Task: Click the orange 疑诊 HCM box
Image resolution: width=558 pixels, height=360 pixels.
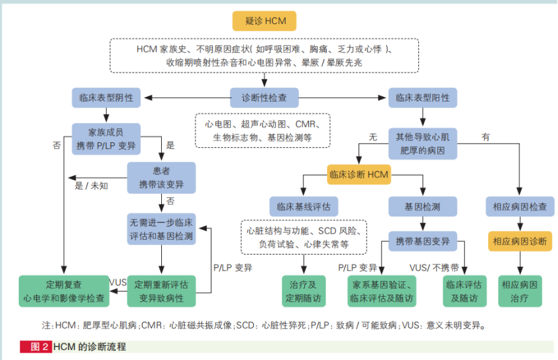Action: click(265, 21)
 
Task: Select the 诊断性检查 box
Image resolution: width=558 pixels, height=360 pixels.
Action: click(265, 97)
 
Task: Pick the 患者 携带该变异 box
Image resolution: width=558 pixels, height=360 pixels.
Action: click(161, 178)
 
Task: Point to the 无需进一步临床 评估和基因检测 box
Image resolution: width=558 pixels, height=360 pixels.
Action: click(161, 228)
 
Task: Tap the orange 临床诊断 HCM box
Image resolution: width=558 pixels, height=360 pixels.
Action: click(359, 175)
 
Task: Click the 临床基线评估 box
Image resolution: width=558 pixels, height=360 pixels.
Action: click(303, 206)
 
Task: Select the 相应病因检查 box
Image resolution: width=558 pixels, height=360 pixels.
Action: click(520, 206)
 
